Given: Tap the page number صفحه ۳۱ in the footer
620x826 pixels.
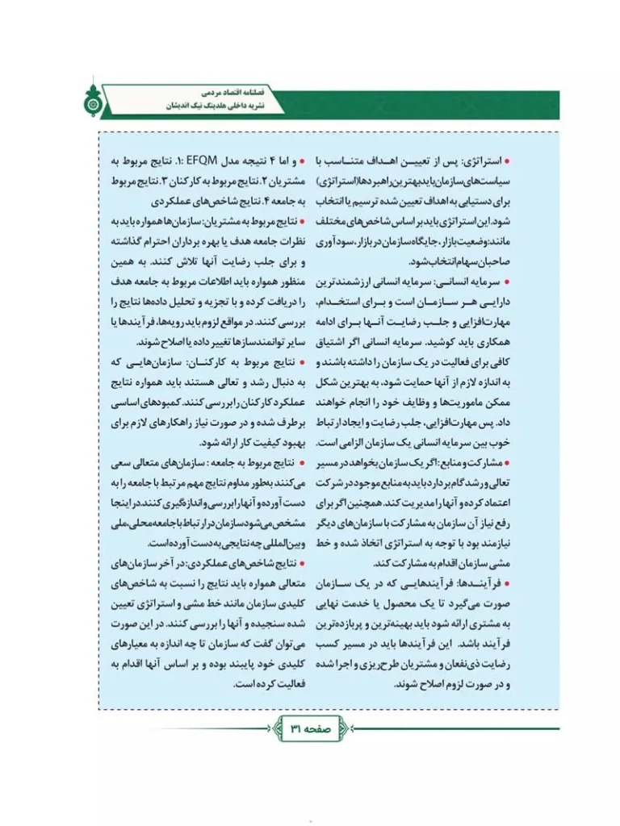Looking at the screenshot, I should pyautogui.click(x=310, y=728).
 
